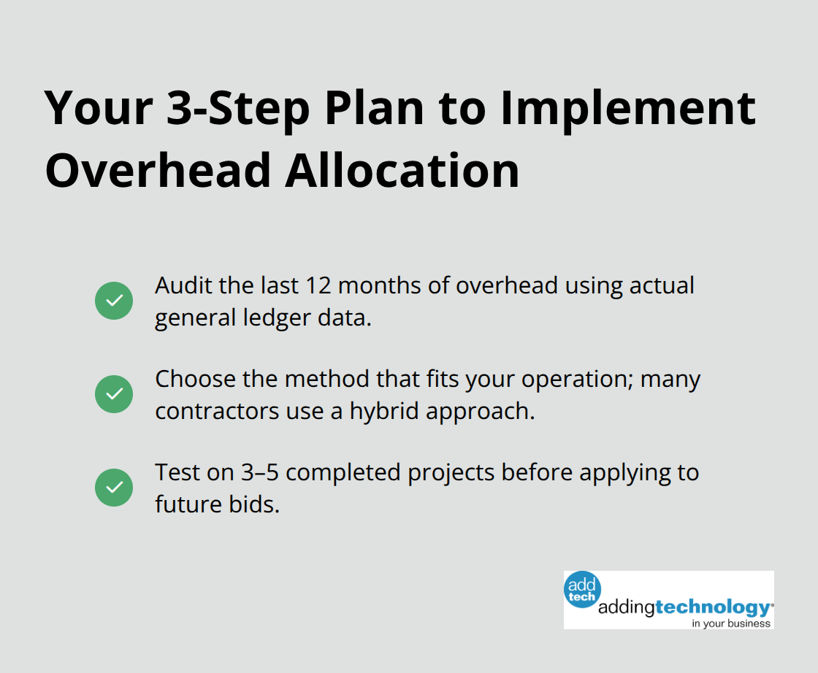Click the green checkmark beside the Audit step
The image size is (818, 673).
[x=114, y=300]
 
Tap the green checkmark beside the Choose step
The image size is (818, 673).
[x=114, y=394]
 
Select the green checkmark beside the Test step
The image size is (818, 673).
[x=114, y=488]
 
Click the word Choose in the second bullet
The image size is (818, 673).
[x=195, y=379]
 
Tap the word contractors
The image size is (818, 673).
[x=210, y=411]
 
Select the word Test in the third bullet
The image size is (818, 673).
[x=175, y=472]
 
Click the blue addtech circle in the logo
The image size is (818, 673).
[x=583, y=589]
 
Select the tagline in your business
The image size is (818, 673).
[x=732, y=623]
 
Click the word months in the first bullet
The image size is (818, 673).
[x=378, y=285]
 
